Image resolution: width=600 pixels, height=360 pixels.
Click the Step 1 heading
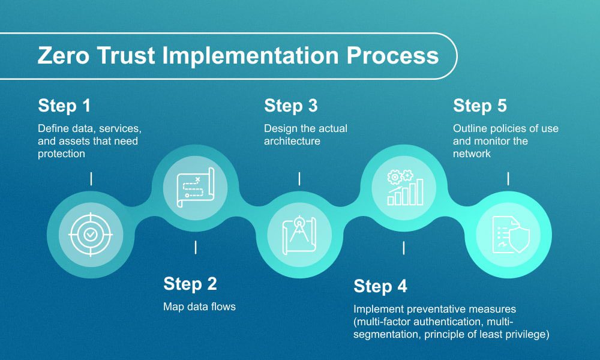pos(64,106)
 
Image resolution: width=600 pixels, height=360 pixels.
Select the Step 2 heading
pos(190,284)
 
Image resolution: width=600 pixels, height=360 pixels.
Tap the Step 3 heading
pos(291,106)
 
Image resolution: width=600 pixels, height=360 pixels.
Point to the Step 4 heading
pos(380,286)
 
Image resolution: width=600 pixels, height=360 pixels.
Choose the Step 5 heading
pos(480,106)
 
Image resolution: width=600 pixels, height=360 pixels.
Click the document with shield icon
pos(508,234)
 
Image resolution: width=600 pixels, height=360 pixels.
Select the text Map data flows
pos(200,307)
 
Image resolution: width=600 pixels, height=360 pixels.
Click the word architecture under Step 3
pos(292,141)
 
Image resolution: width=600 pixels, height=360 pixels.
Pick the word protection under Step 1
pos(61,154)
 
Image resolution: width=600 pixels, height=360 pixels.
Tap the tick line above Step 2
pos(195,247)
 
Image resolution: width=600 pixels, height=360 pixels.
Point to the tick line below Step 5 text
pos(509,178)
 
